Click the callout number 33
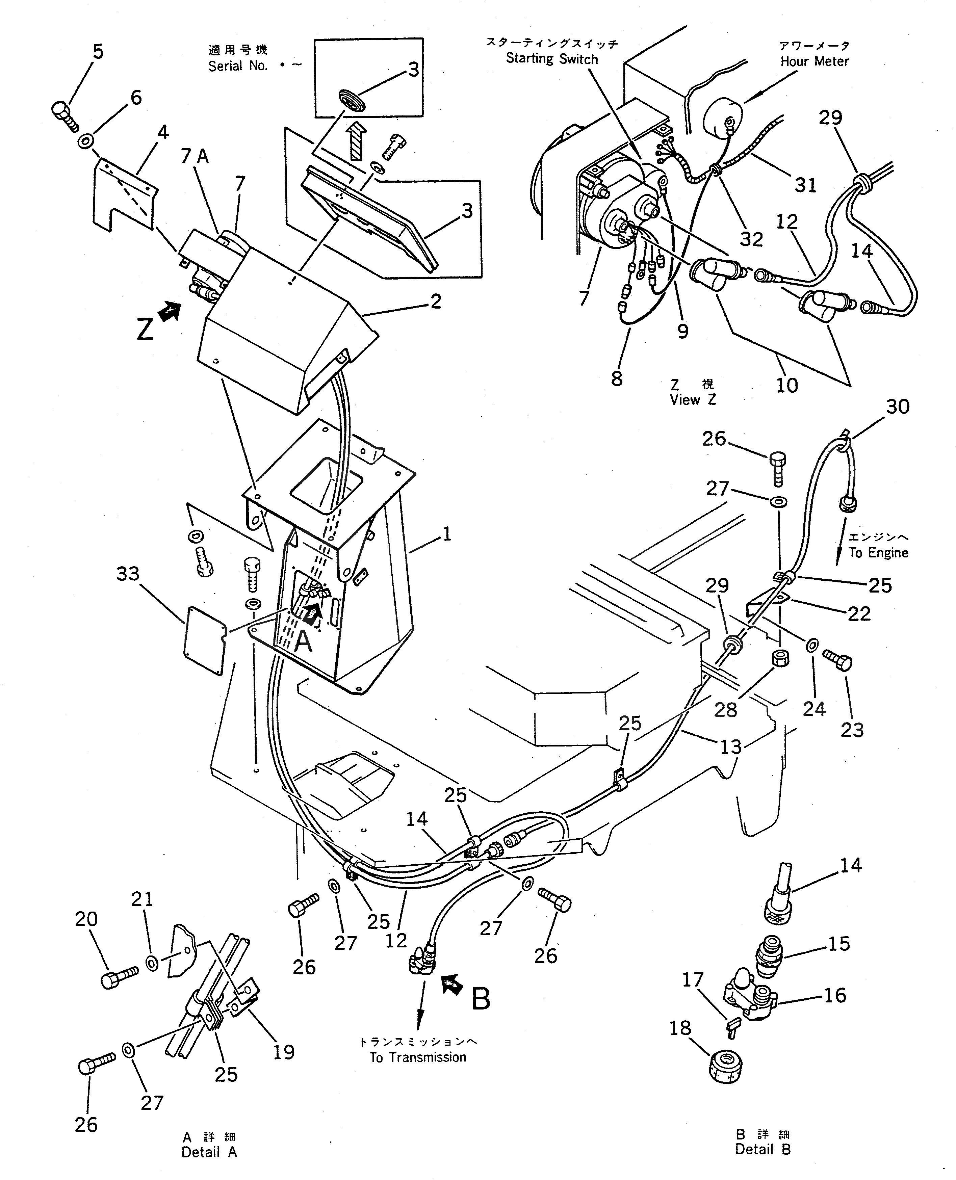click(128, 574)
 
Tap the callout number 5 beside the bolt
click(98, 52)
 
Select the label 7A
click(195, 157)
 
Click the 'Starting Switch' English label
click(552, 59)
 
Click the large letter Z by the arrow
click(145, 331)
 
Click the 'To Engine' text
click(878, 552)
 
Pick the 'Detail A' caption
click(209, 1152)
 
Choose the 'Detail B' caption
click(763, 1149)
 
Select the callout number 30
click(898, 407)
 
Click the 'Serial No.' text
click(238, 66)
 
